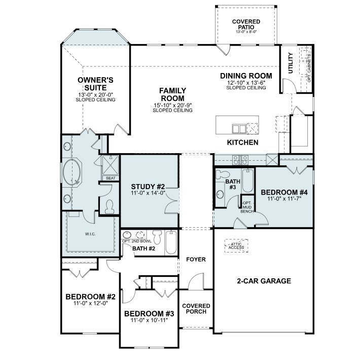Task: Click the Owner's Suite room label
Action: (95, 84)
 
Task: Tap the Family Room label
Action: (172, 94)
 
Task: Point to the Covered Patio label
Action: (246, 24)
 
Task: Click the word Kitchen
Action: (243, 143)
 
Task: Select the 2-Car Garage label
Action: (264, 280)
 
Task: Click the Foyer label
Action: (196, 260)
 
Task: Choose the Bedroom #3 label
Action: (149, 313)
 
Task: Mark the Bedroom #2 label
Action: (91, 297)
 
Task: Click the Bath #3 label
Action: (232, 184)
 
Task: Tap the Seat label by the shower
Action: (110, 178)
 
